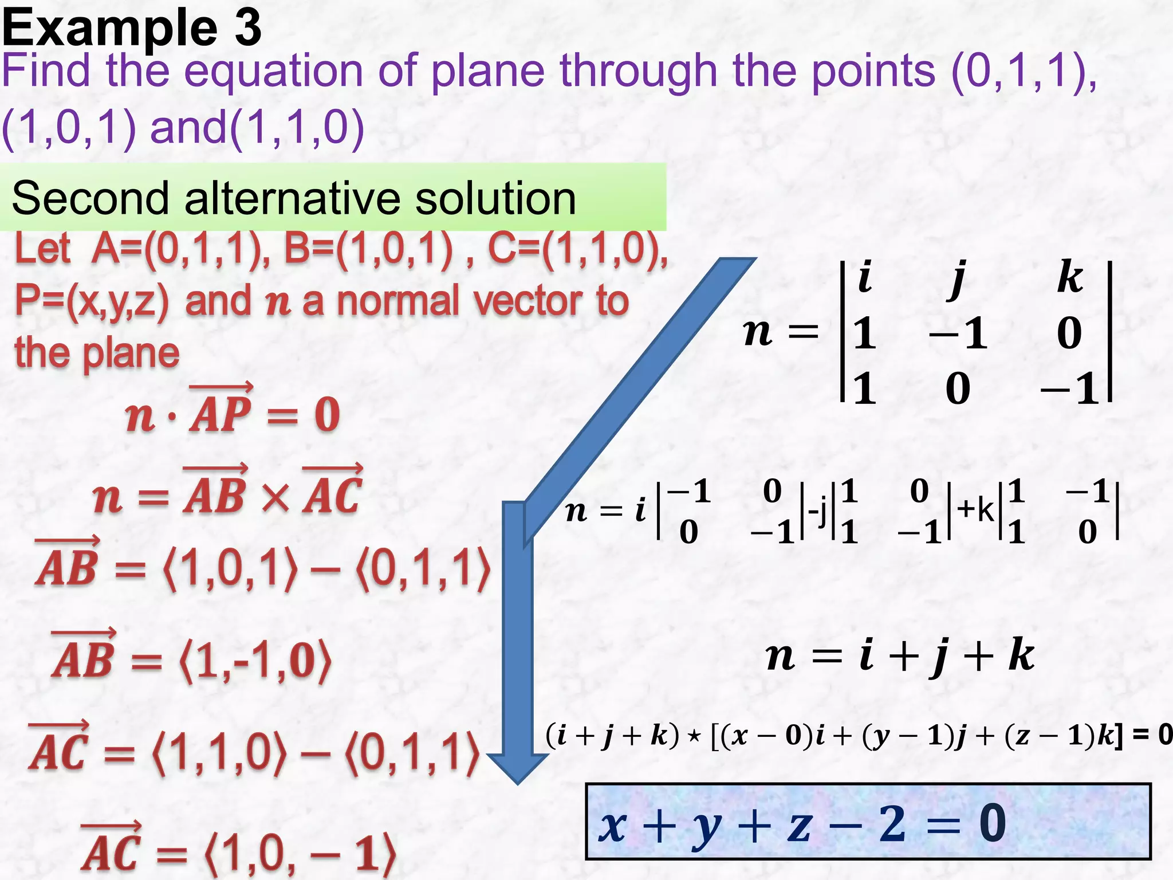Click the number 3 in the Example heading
(x=247, y=29)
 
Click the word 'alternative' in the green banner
(x=292, y=198)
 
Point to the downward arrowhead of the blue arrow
(x=518, y=768)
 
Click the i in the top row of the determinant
(x=865, y=277)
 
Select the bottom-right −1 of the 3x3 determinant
(x=1070, y=389)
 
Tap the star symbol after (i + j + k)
(x=694, y=736)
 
